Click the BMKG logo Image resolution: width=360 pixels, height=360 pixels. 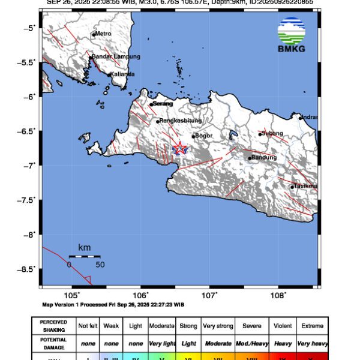[x=291, y=34]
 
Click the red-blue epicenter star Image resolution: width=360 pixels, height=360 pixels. [x=179, y=148]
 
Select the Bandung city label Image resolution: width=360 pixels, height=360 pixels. [x=263, y=158]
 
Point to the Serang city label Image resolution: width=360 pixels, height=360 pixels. [x=163, y=104]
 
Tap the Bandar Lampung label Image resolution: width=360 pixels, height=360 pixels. [x=116, y=56]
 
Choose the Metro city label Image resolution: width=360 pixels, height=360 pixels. [x=104, y=34]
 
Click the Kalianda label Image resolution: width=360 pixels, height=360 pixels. [x=123, y=74]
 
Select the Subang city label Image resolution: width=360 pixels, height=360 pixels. [x=273, y=133]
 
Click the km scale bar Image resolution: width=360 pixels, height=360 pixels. [x=85, y=256]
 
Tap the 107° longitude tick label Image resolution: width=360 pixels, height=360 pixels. [x=209, y=295]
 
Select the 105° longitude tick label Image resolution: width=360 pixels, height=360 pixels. [x=72, y=295]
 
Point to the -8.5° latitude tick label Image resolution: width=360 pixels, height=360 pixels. [x=26, y=269]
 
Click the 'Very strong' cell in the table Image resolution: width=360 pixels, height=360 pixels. [x=217, y=326]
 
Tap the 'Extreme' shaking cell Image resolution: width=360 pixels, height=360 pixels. [x=312, y=326]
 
